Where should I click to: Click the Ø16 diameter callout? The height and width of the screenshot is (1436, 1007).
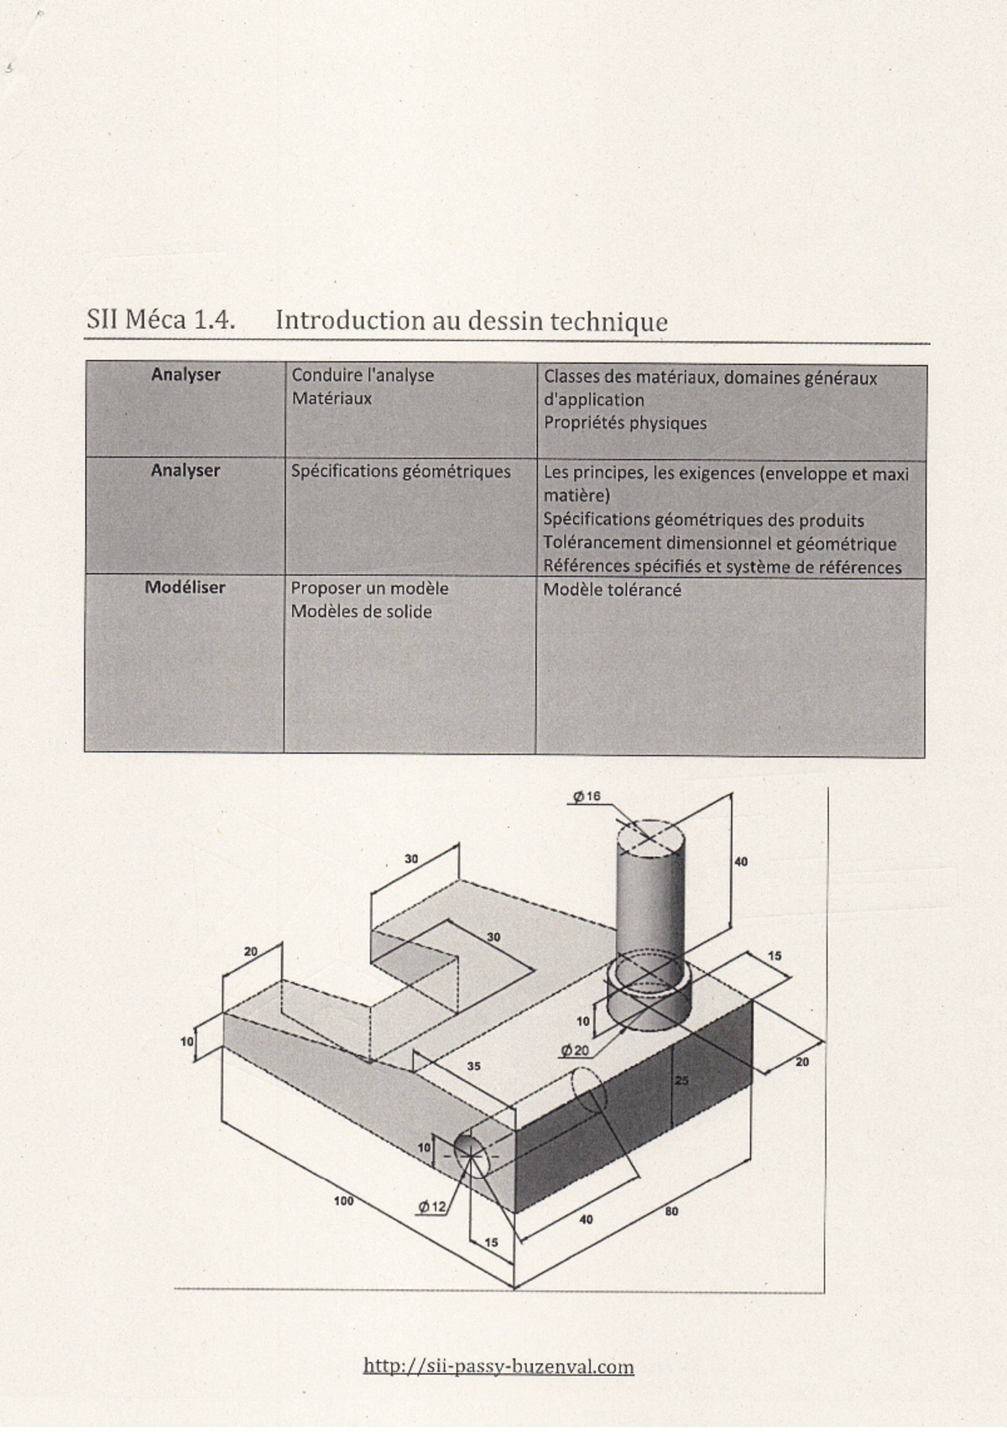(x=587, y=796)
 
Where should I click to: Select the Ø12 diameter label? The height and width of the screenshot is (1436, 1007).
(x=431, y=1207)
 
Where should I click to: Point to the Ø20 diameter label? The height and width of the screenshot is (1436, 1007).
(x=574, y=1050)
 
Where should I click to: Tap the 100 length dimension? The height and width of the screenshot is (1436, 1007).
(x=343, y=1201)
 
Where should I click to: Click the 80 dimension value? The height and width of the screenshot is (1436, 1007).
(x=671, y=1211)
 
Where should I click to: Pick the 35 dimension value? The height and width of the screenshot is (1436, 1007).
(x=473, y=1066)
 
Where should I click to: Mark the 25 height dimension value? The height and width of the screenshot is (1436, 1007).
(x=681, y=1080)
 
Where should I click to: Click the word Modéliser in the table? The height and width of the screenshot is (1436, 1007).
(x=185, y=587)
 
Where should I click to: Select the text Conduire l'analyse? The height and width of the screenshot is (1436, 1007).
(x=363, y=375)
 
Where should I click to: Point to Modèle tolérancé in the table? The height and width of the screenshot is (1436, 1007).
(x=612, y=589)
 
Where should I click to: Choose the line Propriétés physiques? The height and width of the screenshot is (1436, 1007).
(x=625, y=423)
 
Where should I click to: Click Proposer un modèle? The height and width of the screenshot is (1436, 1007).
(x=370, y=588)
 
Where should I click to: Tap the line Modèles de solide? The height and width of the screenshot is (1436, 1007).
(x=362, y=612)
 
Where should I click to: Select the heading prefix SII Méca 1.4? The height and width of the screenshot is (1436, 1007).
(x=161, y=319)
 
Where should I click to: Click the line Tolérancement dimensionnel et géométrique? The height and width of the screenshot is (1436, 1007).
(x=720, y=544)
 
